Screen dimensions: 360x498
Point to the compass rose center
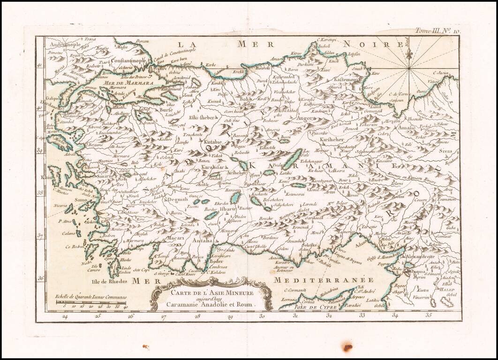tap(409, 69)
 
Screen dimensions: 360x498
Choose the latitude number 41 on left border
tap(40, 67)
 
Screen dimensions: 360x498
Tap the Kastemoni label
tap(347, 80)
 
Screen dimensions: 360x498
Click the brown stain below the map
tap(347, 347)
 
